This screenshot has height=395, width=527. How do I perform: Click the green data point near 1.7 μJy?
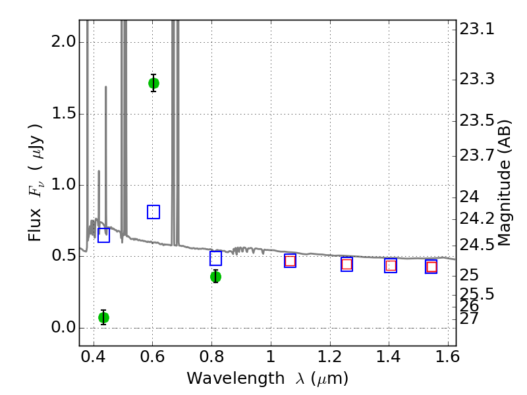(x=153, y=83)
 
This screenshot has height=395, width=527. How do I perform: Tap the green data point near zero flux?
(x=103, y=317)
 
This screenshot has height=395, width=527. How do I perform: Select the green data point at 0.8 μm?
(x=215, y=276)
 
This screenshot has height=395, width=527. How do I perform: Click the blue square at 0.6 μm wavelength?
(x=153, y=212)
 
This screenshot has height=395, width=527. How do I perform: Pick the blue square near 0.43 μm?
(x=103, y=235)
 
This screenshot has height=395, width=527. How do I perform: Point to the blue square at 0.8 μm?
(x=215, y=258)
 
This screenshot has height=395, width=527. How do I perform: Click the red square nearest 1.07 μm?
(x=290, y=261)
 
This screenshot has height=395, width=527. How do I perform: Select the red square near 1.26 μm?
(x=347, y=264)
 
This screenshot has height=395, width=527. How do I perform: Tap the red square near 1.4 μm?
(x=391, y=266)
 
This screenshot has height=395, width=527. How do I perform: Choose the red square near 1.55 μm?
(x=431, y=267)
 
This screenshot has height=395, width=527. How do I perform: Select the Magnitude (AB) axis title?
(x=505, y=183)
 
